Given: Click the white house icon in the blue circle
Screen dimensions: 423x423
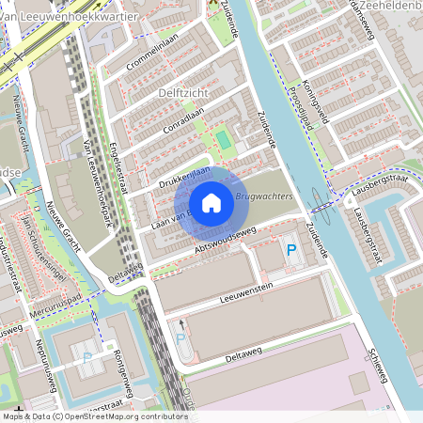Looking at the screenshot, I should pos(211,202).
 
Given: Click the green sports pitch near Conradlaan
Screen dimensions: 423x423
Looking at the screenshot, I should pos(223,141).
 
